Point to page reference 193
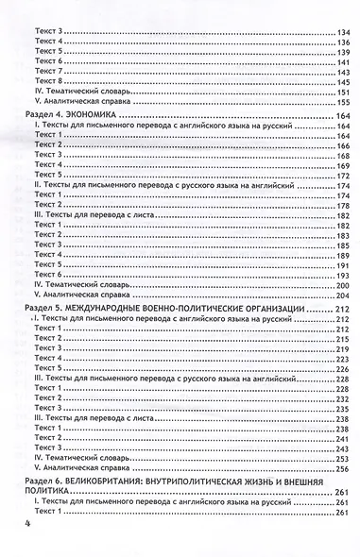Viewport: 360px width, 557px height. tap(337, 268)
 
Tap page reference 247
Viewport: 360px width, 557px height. tap(337, 441)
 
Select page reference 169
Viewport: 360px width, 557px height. tap(337, 166)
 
